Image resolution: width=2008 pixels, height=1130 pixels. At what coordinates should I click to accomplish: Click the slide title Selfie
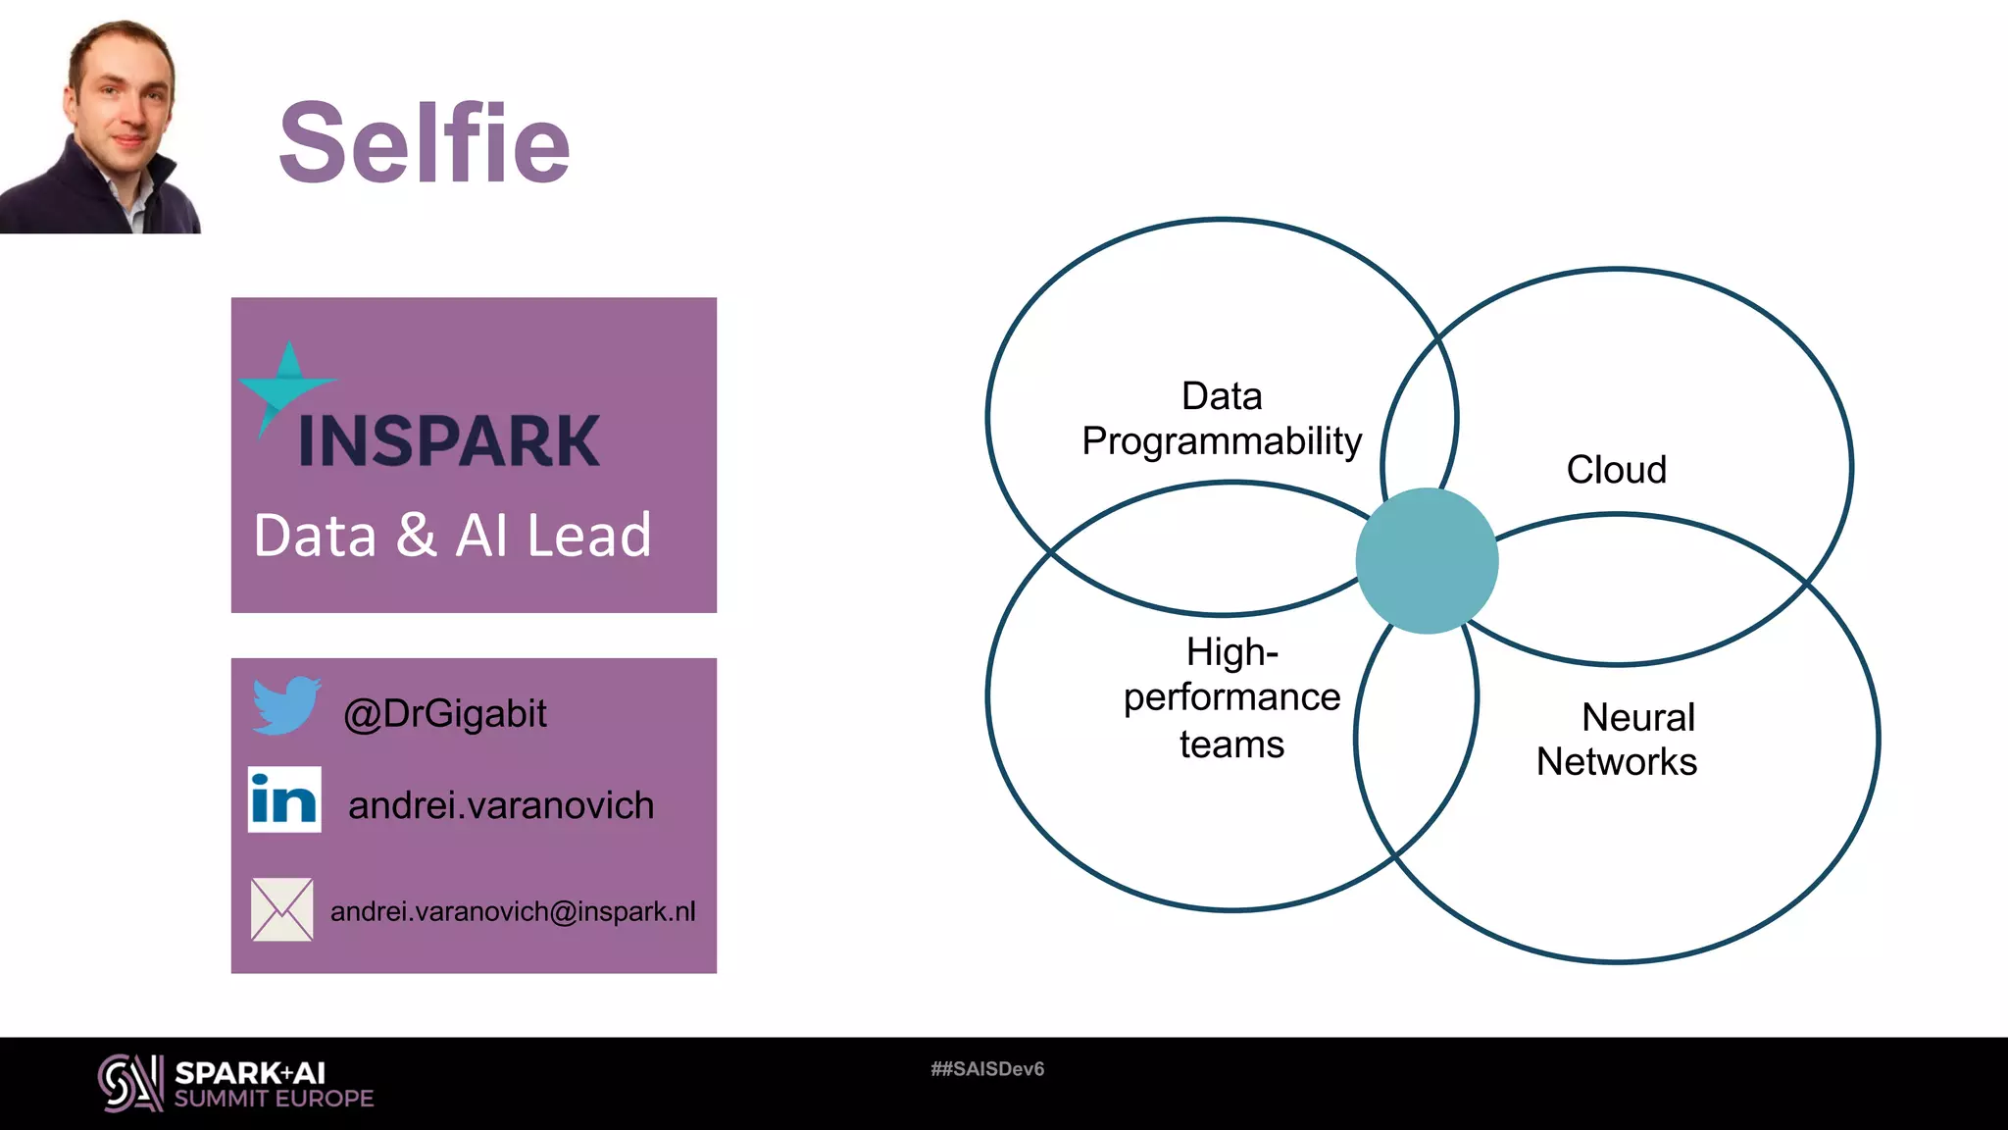(x=424, y=143)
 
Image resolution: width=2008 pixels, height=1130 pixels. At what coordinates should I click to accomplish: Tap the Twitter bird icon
(x=285, y=704)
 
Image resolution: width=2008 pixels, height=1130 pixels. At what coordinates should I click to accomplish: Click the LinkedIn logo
(x=284, y=799)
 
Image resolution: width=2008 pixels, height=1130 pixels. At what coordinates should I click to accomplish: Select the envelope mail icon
(x=282, y=909)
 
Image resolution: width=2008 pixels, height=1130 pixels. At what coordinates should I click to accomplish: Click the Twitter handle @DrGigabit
(x=445, y=714)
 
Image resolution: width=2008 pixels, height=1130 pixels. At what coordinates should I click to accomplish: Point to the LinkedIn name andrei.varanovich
(x=501, y=805)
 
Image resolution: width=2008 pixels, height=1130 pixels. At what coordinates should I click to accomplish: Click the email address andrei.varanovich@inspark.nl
(x=513, y=911)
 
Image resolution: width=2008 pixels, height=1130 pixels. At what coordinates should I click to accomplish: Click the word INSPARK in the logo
(x=449, y=441)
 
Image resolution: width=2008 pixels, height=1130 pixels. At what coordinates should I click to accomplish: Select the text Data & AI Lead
(x=452, y=536)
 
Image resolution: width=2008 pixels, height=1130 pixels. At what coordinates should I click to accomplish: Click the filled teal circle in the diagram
(x=1427, y=561)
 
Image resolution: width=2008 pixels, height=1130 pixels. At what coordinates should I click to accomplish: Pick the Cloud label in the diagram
(x=1616, y=470)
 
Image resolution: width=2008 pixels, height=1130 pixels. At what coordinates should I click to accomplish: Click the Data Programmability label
(x=1222, y=419)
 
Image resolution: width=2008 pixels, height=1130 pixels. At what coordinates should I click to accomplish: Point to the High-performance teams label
(x=1231, y=697)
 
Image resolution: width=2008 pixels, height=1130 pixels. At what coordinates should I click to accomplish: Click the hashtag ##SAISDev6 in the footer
(x=987, y=1069)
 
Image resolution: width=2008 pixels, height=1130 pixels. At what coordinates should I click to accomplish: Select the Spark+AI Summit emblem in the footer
(x=130, y=1083)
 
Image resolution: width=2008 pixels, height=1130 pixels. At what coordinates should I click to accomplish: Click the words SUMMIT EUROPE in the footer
(x=275, y=1099)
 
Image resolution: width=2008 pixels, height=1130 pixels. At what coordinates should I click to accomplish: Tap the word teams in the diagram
(x=1231, y=745)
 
